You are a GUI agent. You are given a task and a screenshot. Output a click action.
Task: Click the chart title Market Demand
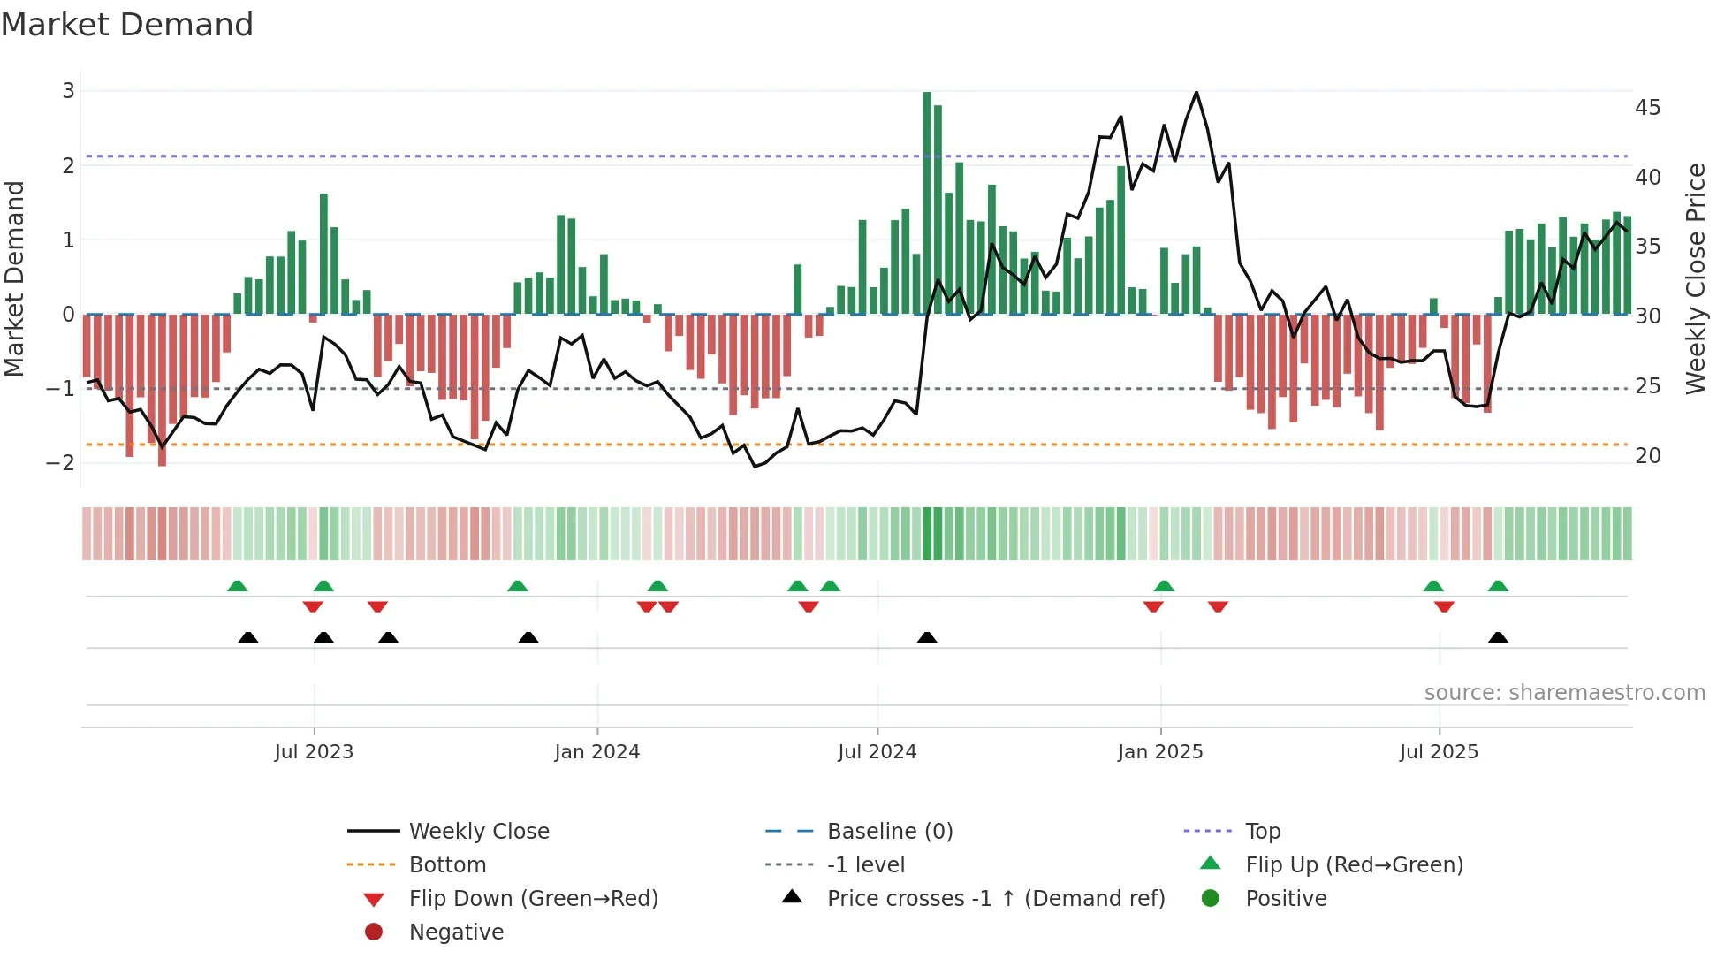pos(127,25)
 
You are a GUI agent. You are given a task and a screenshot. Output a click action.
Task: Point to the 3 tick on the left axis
pos(68,91)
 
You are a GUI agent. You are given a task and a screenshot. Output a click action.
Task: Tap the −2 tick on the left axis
pos(61,463)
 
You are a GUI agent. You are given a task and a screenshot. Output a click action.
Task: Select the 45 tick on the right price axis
pos(1647,108)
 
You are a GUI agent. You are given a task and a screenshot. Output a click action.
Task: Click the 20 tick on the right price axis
pos(1647,456)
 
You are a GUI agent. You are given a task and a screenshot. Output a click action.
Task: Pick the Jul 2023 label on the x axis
pos(314,752)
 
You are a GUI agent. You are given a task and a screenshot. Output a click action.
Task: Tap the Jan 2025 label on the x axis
pos(1159,752)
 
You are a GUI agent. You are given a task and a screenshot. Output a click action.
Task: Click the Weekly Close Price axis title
pos(1695,278)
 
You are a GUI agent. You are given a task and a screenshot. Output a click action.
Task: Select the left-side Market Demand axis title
pos(14,278)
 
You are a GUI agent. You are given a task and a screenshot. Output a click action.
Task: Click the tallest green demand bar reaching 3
pos(927,203)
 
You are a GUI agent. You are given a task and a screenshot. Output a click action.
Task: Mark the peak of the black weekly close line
pos(1196,92)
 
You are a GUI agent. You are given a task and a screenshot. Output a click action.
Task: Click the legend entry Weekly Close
pos(478,832)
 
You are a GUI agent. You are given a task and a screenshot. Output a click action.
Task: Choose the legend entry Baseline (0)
pos(889,832)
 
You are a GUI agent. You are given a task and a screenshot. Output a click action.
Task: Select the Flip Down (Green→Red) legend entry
pos(533,899)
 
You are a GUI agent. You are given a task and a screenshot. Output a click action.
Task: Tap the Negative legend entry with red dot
pos(456,932)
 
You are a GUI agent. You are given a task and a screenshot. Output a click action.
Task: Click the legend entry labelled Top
pos(1262,832)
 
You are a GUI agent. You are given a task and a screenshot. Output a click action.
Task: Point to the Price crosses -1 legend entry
pos(995,899)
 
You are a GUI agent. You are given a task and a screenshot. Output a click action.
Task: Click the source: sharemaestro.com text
pos(1564,693)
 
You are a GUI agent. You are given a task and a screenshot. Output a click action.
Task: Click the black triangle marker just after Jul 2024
pos(927,638)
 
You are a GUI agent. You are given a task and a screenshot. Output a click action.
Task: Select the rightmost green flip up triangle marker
pos(1498,586)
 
